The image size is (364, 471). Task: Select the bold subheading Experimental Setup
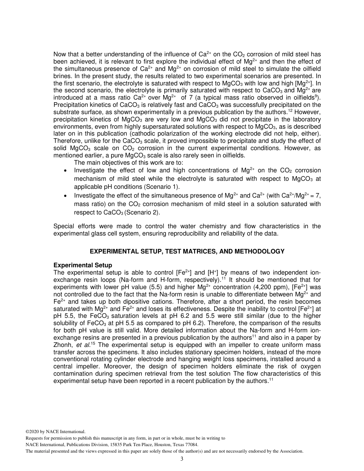click(83, 265)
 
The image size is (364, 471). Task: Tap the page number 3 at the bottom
click(182, 459)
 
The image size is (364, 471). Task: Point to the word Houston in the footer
click(160, 445)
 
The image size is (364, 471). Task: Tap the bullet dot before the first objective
click(66, 170)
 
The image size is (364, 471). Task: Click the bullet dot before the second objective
click(66, 196)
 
